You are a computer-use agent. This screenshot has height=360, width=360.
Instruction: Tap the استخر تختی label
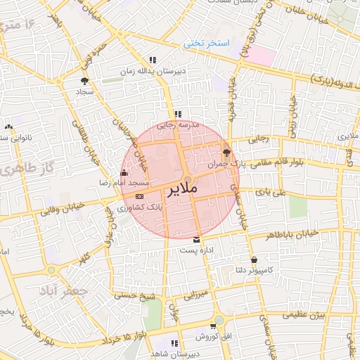pyautogui.click(x=207, y=44)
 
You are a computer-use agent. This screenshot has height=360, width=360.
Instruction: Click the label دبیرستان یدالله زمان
pyautogui.click(x=153, y=71)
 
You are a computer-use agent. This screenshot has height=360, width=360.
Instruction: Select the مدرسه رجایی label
pyautogui.click(x=179, y=124)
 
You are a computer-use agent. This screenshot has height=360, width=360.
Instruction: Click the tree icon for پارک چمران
pyautogui.click(x=226, y=152)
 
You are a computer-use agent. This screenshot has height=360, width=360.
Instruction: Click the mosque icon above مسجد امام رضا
pyautogui.click(x=124, y=172)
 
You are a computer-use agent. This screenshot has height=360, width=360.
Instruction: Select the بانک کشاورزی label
pyautogui.click(x=139, y=208)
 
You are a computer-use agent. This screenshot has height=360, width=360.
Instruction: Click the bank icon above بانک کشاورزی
pyautogui.click(x=139, y=198)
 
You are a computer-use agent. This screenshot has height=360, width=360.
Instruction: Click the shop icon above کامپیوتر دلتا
pyautogui.click(x=253, y=259)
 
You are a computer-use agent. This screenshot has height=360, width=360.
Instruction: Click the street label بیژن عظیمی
pyautogui.click(x=304, y=316)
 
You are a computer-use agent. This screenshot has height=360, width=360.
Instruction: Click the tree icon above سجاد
pyautogui.click(x=85, y=81)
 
